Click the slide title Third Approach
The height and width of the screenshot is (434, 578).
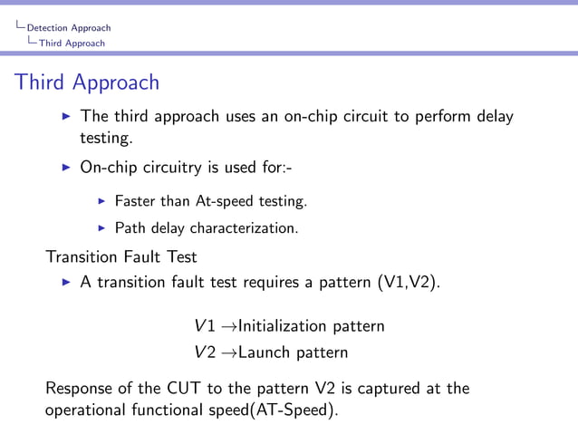(87, 82)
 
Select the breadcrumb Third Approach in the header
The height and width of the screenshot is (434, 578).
(78, 43)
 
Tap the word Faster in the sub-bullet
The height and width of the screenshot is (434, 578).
(135, 200)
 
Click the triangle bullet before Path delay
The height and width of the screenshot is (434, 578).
(102, 227)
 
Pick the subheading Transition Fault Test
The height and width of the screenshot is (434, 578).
(121, 256)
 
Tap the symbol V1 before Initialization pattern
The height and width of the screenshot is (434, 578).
(204, 325)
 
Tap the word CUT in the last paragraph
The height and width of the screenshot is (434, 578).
(184, 389)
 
